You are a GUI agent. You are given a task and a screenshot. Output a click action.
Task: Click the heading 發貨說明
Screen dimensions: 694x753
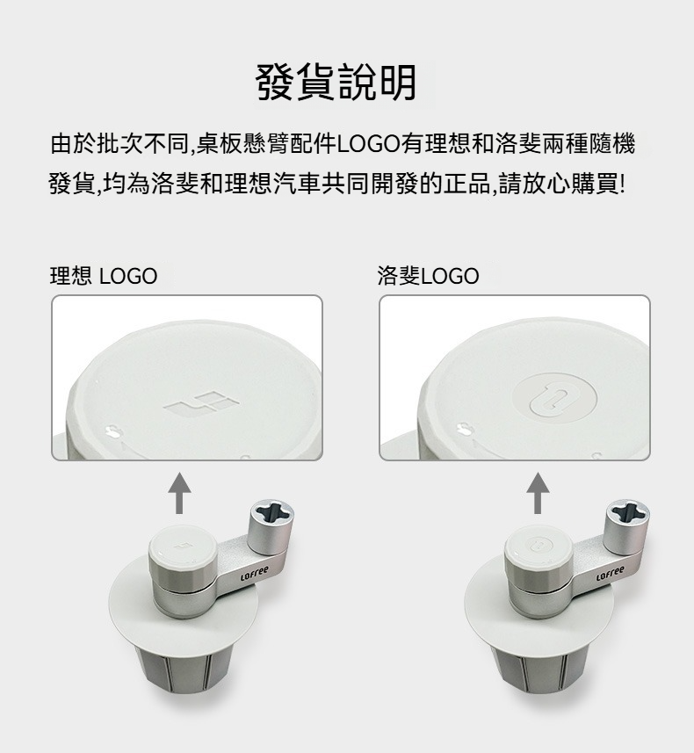point(336,82)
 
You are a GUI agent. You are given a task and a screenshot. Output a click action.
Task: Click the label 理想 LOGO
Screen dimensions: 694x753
point(104,276)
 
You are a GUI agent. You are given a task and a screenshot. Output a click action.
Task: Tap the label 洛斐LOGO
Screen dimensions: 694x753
point(428,276)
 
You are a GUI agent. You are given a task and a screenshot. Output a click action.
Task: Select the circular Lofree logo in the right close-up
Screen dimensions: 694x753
point(554,399)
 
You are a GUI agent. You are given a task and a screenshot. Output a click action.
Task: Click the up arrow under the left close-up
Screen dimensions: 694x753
point(179,493)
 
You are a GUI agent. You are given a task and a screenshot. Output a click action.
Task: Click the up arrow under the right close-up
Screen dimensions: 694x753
point(538,493)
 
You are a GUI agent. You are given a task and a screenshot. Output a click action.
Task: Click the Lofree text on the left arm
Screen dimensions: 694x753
point(255,573)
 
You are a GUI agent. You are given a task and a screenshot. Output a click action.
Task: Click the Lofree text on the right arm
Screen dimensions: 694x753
point(611,573)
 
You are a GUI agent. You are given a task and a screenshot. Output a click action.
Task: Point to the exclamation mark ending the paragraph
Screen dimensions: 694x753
point(623,184)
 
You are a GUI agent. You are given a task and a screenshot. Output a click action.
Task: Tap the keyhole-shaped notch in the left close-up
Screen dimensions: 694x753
point(112,430)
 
